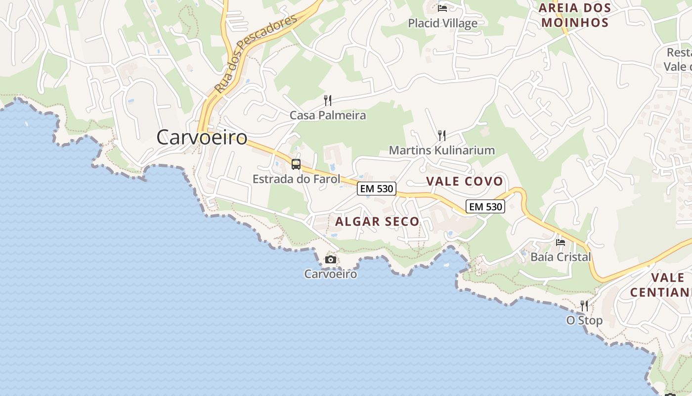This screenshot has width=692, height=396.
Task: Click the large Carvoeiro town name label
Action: [202, 137]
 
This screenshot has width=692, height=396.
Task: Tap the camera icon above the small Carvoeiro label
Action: [331, 259]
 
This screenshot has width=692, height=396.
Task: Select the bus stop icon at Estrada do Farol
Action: [296, 164]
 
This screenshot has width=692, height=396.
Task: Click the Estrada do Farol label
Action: [296, 179]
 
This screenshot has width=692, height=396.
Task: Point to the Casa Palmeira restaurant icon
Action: [328, 100]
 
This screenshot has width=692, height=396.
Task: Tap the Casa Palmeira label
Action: [328, 115]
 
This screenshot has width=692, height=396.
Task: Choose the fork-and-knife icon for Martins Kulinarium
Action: [442, 135]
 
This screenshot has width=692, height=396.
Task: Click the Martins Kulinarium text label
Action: [442, 150]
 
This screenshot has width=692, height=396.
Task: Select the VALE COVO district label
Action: [465, 181]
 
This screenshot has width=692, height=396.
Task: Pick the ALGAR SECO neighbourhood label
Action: [377, 222]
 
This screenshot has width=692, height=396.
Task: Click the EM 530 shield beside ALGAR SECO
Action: [377, 189]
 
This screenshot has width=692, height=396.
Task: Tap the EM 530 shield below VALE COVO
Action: [485, 206]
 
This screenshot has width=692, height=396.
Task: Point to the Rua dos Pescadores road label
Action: [256, 53]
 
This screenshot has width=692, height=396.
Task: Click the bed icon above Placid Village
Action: [442, 8]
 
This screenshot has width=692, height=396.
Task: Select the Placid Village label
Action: [442, 23]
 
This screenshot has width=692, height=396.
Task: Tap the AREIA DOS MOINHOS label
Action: [575, 15]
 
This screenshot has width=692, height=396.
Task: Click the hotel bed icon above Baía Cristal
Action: [561, 242]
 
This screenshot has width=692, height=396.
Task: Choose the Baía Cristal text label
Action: [561, 257]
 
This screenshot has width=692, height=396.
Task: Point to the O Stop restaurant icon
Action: [584, 305]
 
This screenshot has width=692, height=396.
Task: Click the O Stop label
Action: [584, 320]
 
